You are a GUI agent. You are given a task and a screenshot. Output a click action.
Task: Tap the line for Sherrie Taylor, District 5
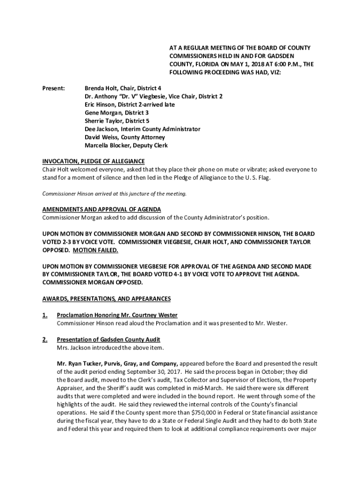pyautogui.click(x=117, y=121)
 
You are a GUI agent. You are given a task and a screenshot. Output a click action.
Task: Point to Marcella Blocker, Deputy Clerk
pyautogui.click(x=126, y=145)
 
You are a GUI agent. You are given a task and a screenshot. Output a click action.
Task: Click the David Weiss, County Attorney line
pyautogui.click(x=124, y=138)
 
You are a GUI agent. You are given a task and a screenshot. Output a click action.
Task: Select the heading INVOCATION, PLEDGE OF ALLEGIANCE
pyautogui.click(x=94, y=162)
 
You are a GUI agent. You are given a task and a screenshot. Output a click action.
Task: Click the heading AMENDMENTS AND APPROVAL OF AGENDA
pyautogui.click(x=102, y=209)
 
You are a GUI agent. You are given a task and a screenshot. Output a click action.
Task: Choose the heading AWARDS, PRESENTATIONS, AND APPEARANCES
pyautogui.click(x=107, y=298)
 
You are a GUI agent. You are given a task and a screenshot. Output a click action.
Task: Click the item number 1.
pyautogui.click(x=45, y=315)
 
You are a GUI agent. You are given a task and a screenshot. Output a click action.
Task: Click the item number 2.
pyautogui.click(x=45, y=340)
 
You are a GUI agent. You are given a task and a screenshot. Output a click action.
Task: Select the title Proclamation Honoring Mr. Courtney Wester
pyautogui.click(x=117, y=315)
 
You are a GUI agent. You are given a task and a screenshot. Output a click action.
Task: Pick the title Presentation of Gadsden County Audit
pyautogui.click(x=108, y=340)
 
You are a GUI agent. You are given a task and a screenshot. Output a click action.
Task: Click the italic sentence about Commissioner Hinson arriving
pyautogui.click(x=115, y=194)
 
